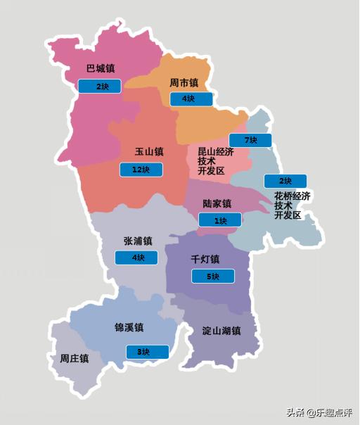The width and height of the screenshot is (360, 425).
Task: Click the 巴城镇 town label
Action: point(101,69)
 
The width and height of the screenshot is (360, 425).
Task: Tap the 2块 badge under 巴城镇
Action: point(99,87)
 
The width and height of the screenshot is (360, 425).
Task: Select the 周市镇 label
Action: point(184,83)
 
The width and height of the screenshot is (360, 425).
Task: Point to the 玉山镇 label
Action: point(149,152)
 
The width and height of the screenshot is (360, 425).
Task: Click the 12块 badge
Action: point(141,170)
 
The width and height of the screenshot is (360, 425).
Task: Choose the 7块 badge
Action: point(250,140)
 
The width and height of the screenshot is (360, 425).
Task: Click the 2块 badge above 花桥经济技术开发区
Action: point(285,181)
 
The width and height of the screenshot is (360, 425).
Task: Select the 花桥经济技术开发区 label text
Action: point(292,205)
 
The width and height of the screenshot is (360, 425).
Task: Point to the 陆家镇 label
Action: point(217,204)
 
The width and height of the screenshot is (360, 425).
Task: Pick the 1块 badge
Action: point(219,220)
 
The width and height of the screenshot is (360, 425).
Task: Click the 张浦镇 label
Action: point(137,241)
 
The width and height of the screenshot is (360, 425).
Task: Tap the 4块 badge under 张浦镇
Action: point(136,258)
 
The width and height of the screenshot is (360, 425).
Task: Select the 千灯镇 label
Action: point(205,259)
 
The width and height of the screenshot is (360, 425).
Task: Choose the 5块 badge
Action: point(212,277)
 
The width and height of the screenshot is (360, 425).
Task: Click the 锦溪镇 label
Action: point(129,328)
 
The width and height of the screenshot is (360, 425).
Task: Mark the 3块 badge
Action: point(147,352)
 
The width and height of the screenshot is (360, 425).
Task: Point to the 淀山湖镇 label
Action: point(221,331)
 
